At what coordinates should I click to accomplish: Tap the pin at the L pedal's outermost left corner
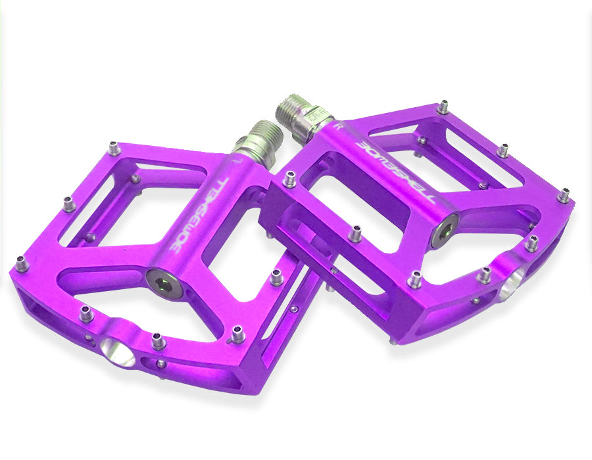[22, 264]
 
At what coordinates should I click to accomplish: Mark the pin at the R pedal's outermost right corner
[564, 195]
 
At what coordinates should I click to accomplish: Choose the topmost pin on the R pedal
[444, 106]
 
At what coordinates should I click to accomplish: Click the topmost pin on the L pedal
[114, 149]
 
